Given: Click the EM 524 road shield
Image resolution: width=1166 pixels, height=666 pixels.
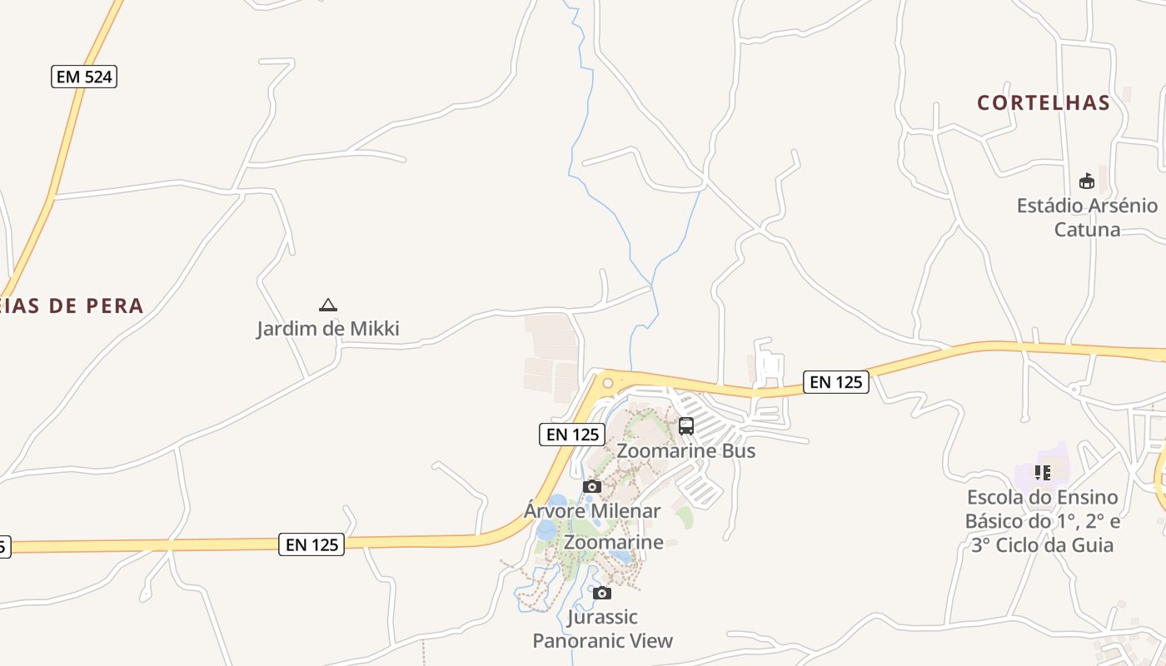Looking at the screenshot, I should click(83, 77).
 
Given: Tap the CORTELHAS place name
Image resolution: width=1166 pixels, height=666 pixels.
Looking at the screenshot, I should click(1044, 102).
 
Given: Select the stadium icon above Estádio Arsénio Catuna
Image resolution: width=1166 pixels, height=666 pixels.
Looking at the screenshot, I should click(1086, 181).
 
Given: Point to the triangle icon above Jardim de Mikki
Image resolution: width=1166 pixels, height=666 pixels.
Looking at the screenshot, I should click(328, 306).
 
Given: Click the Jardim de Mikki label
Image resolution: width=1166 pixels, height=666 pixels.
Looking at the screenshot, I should click(327, 328).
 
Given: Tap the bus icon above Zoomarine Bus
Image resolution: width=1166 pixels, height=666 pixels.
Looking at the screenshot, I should click(686, 426).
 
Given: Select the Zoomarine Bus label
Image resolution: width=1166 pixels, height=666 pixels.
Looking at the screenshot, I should click(685, 450).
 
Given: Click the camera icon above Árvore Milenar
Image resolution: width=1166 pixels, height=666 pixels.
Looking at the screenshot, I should click(592, 486).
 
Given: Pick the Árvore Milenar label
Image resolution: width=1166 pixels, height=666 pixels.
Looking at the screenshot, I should click(592, 510).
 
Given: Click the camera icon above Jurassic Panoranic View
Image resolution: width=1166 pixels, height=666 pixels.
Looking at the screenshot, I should click(602, 593).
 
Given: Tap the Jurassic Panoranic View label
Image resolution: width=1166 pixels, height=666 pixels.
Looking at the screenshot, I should click(602, 629).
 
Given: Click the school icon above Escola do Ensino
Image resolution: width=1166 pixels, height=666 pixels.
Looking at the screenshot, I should click(1042, 473).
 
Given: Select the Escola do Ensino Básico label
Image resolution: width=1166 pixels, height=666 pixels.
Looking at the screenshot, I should click(1042, 521).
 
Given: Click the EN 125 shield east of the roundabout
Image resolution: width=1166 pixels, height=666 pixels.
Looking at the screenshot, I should click(836, 382).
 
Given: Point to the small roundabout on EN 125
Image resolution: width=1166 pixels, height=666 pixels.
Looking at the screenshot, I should click(608, 383).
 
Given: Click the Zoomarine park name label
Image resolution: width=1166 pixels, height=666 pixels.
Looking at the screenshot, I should click(613, 542).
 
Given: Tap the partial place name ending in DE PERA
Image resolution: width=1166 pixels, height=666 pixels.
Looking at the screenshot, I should click(72, 306).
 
